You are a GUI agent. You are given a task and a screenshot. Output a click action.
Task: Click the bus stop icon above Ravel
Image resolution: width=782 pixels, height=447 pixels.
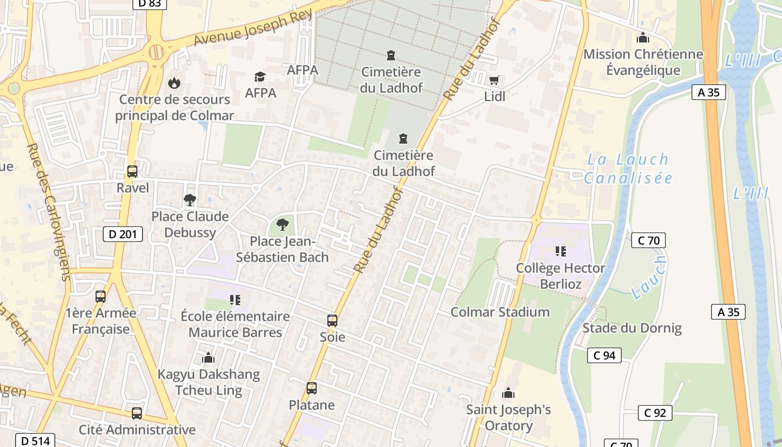(x=132, y=172)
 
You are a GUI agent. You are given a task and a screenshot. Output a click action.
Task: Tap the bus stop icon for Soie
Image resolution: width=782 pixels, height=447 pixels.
(x=332, y=321)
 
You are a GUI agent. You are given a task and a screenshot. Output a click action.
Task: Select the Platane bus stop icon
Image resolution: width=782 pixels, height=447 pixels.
(x=312, y=388)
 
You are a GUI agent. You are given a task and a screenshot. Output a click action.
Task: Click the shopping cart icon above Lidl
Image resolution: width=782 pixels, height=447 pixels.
(x=494, y=80)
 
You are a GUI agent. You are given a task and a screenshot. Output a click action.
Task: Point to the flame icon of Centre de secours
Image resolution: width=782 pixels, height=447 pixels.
(x=174, y=83)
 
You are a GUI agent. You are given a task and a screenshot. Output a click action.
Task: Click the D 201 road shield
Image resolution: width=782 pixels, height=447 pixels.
(x=123, y=234)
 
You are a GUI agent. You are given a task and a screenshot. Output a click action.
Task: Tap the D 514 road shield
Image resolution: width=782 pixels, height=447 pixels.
(x=36, y=440)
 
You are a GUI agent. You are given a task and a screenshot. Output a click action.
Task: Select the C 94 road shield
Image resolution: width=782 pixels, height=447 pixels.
(x=604, y=355)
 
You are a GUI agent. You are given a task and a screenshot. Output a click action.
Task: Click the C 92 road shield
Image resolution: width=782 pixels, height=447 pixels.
(x=655, y=413)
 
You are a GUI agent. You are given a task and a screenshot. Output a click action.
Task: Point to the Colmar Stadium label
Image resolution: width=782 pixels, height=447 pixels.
(x=500, y=312)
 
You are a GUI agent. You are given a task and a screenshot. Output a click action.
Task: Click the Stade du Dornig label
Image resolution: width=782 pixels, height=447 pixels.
(x=632, y=328)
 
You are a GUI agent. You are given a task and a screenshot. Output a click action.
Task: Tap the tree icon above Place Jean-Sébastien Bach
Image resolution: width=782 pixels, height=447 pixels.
(x=283, y=225)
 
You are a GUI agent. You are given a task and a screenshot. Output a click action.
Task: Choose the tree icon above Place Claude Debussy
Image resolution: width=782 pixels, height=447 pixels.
(x=190, y=199)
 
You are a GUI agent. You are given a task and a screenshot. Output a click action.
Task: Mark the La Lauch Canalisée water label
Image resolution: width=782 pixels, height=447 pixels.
(x=628, y=169)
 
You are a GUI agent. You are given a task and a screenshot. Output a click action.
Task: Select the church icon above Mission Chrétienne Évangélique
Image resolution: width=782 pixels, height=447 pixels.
(x=643, y=38)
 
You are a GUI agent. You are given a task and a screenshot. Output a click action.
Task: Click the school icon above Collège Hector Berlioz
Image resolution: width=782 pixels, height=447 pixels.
(x=560, y=251)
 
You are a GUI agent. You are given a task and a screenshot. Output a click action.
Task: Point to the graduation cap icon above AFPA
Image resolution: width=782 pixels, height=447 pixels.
(x=260, y=77)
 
